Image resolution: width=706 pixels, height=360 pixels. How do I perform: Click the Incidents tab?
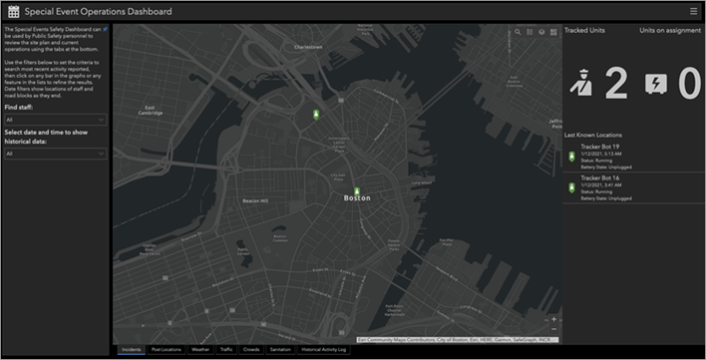[x=130, y=350]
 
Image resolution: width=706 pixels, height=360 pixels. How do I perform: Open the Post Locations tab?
[x=166, y=350]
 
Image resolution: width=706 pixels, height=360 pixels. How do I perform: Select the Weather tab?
[x=200, y=350]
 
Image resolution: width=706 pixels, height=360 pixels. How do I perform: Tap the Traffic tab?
[x=226, y=350]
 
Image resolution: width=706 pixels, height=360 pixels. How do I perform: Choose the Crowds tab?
[x=251, y=350]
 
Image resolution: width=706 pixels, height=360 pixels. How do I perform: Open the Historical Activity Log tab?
[x=324, y=350]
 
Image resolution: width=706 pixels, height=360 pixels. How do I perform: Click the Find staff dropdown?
[x=55, y=119]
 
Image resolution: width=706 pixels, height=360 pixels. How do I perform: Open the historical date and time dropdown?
[x=55, y=154]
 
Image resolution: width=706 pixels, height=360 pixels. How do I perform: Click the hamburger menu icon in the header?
[x=693, y=11]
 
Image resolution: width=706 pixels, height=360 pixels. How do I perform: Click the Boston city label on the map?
[x=357, y=198]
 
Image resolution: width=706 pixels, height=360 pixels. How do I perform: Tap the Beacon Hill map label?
[x=257, y=200]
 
